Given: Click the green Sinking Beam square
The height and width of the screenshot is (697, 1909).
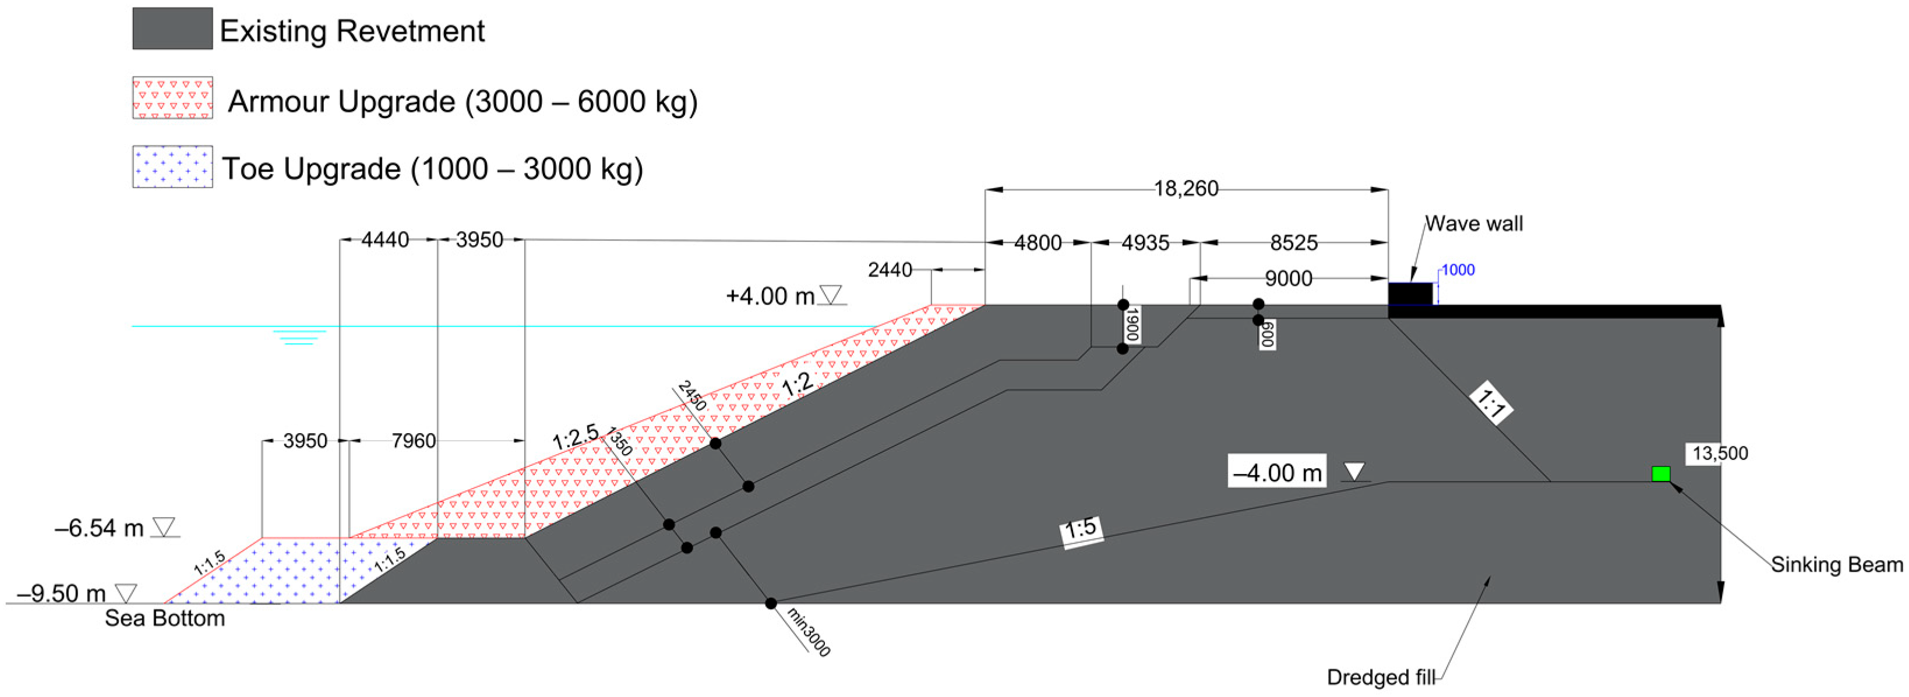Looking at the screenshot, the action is pos(1661,473).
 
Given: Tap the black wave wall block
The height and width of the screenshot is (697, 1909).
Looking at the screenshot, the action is pos(1410,293).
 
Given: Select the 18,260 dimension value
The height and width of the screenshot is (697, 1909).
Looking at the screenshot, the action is pos(1185,189).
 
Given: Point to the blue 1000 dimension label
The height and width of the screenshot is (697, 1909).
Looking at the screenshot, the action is pos(1458,270).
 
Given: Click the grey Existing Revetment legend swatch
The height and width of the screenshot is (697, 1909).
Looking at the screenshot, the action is pos(172,29).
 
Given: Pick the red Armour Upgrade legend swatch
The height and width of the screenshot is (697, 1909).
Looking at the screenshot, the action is pos(172,98).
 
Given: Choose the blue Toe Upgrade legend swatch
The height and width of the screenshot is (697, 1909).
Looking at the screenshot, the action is pos(172,167).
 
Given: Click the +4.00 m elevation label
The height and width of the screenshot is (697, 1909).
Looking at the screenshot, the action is pos(770,296).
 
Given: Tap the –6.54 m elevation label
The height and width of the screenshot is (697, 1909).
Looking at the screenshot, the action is pos(99,528).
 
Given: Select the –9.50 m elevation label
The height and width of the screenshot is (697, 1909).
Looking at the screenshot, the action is pos(62,593).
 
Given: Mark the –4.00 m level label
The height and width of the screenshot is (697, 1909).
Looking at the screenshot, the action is pos(1277,473).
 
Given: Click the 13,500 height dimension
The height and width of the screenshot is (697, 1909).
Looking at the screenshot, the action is pos(1719,453).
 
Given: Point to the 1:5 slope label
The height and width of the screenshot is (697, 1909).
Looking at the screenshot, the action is pos(1081,530).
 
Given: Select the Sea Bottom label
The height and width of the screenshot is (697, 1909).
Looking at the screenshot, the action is pos(164,618).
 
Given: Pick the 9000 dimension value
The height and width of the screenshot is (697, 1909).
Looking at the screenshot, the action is pos(1288,278).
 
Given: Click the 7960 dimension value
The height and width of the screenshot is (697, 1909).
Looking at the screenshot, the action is pos(413,441).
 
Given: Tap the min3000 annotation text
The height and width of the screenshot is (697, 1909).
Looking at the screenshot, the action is pos(808,632).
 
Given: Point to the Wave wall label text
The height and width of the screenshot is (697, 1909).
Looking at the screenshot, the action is pos(1473,224).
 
